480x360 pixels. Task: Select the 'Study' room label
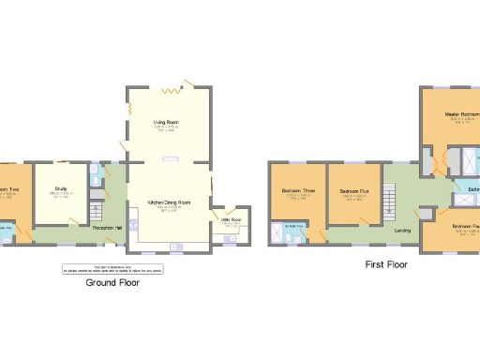coord(61,188)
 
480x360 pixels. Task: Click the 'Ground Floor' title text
coord(112,281)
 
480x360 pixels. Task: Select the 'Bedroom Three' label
coord(297,191)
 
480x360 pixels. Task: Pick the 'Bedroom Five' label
coord(352,191)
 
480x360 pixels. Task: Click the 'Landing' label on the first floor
coord(403,229)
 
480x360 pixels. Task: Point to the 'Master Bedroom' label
coord(461,114)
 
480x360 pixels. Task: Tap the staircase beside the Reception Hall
coord(94,210)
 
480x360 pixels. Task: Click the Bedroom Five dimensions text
coord(352,198)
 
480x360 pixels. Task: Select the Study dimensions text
coord(61,195)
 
